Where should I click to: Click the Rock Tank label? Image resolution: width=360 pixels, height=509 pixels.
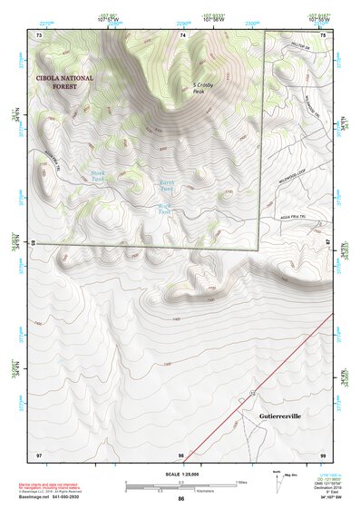(165, 209)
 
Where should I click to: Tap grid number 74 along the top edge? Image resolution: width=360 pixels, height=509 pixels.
(182, 35)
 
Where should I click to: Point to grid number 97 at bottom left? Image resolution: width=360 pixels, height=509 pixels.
(39, 454)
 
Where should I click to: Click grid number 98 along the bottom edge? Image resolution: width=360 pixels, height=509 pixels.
(182, 454)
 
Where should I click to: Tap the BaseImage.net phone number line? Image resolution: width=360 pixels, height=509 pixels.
(66, 498)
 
